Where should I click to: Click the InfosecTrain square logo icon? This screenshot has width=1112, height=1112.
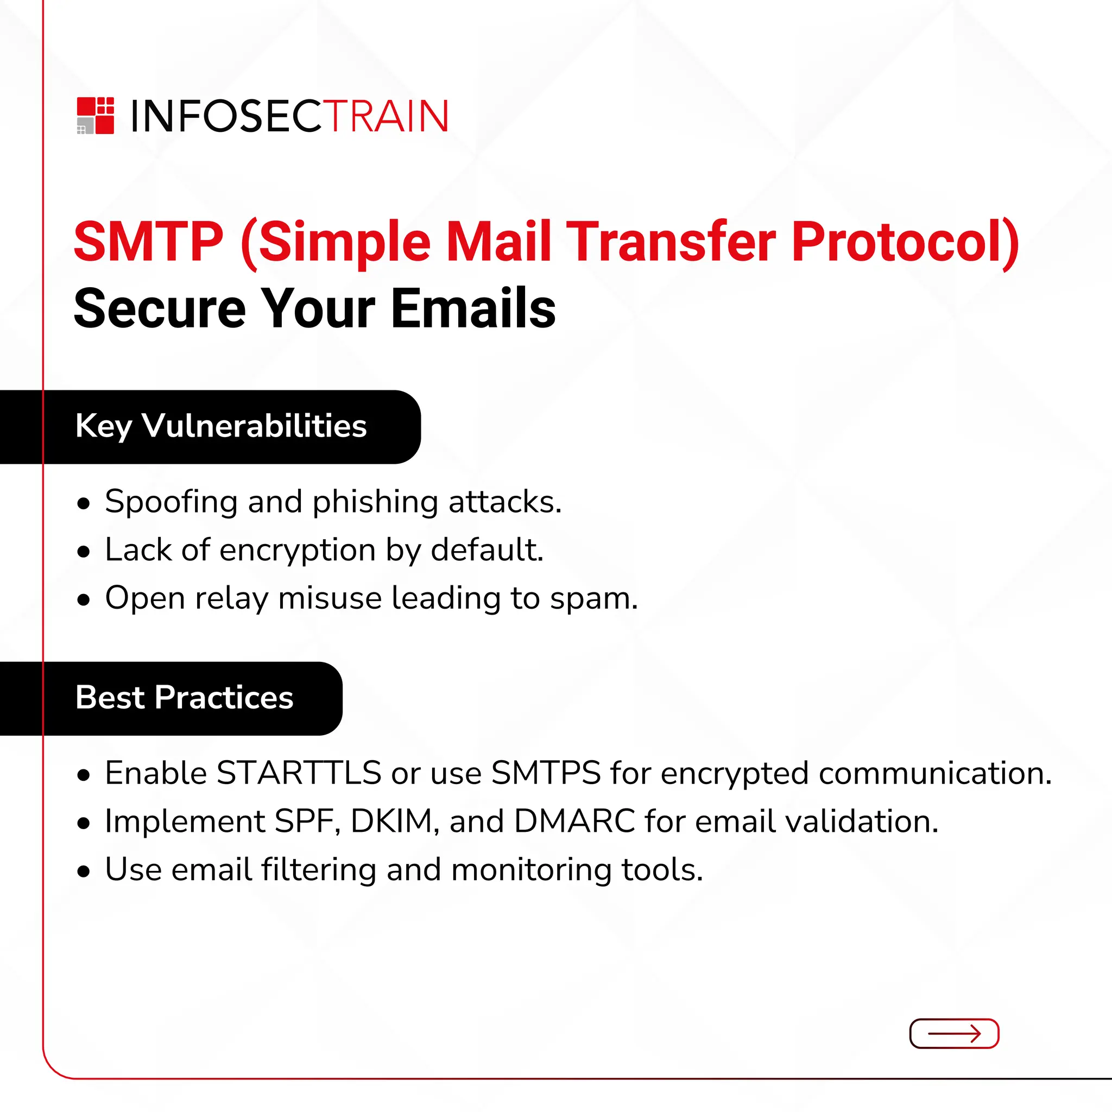coord(96,116)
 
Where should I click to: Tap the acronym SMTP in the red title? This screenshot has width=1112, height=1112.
coord(148,242)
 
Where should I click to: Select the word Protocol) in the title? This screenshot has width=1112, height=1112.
coord(905,242)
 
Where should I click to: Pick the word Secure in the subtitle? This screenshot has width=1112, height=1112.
coord(160,309)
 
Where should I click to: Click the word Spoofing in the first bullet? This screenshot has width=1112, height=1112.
coord(171,502)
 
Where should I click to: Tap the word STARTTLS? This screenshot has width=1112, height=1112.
coord(299,773)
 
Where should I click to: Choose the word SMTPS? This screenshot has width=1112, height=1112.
coord(546,773)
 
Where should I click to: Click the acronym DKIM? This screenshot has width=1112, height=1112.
coord(391,822)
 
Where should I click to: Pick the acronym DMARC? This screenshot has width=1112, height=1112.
coord(574,822)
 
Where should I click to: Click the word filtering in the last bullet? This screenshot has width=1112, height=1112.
coord(319,870)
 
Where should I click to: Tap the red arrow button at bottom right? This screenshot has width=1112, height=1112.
coord(953,1034)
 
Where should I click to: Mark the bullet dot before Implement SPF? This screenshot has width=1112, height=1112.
coord(84,823)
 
